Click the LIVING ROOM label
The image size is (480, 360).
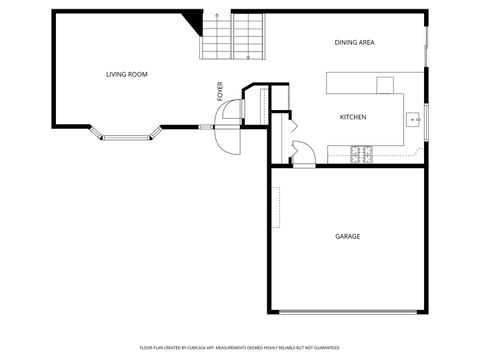(x=127, y=74)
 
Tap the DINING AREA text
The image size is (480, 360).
(x=354, y=42)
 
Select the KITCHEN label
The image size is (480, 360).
(x=353, y=117)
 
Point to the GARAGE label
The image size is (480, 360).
(x=347, y=236)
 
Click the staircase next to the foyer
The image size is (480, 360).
(x=234, y=38)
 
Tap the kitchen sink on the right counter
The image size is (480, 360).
(x=413, y=120)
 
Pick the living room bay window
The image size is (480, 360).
(x=124, y=134)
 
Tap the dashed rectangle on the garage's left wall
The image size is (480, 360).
(x=278, y=206)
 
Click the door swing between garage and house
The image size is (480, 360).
(x=301, y=151)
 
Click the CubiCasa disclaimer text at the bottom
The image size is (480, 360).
(x=239, y=347)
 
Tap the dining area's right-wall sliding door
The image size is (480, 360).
(x=427, y=45)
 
